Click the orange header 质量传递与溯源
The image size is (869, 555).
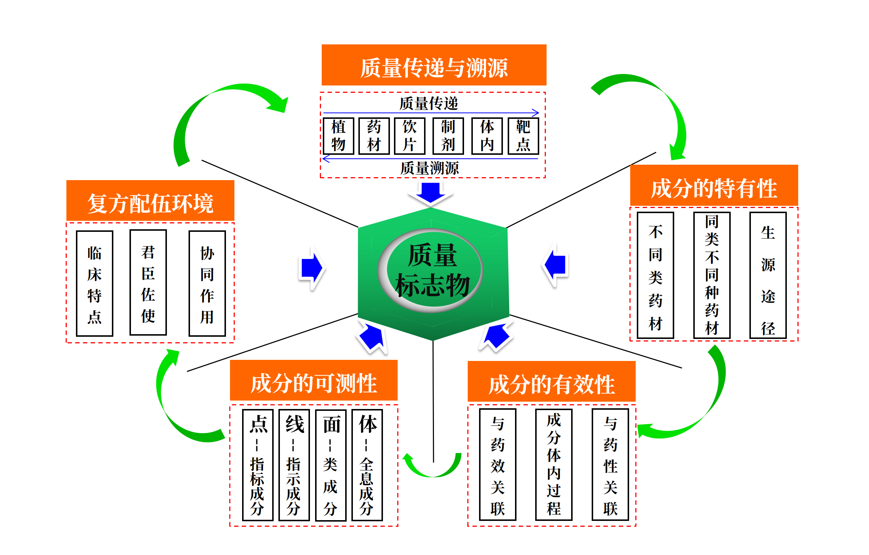coord(434,65)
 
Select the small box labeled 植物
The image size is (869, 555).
coord(338,136)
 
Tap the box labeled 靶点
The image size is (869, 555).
coord(523,136)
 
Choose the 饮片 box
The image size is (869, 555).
coord(409,136)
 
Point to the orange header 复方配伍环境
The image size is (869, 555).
coord(150,201)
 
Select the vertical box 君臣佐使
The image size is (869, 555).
coord(148,282)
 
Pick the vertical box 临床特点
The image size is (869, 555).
coord(94,283)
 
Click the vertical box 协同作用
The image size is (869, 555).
coord(207,283)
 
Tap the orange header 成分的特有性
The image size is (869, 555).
coord(714,186)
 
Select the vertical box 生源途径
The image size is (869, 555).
coord(768,275)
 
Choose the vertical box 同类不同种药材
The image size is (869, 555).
coord(712,275)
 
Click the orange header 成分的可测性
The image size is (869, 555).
coord(314,380)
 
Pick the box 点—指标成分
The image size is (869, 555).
coord(258,465)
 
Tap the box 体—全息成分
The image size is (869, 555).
coord(367,465)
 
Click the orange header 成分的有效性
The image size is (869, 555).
coord(551,381)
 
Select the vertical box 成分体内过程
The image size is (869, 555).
coord(554,464)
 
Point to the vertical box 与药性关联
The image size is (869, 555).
coord(610,464)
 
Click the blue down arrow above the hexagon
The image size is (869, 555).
coord(431,193)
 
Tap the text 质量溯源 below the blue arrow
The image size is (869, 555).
coord(429,168)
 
